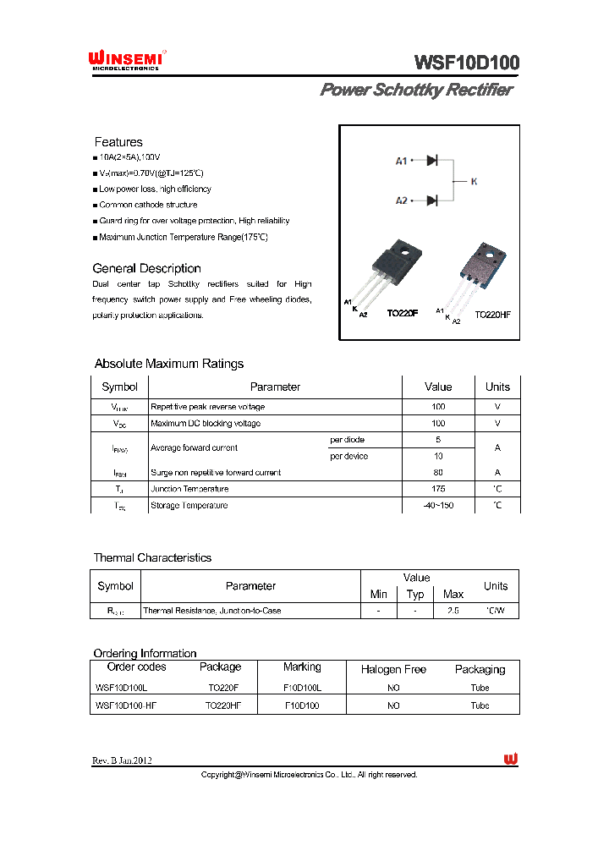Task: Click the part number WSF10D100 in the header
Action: [x=466, y=63]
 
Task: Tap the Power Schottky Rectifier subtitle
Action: [x=415, y=90]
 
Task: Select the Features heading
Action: [x=118, y=142]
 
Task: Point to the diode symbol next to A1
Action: [x=431, y=160]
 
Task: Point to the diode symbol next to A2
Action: [x=431, y=200]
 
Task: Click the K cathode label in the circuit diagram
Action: [x=474, y=181]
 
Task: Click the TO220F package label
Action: [x=403, y=313]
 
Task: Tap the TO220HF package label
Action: [x=492, y=314]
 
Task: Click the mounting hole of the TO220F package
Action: [x=406, y=250]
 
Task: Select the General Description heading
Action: [x=146, y=268]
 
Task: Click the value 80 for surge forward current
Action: [x=438, y=473]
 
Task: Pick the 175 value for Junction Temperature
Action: [x=438, y=489]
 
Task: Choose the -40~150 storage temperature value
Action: [x=438, y=505]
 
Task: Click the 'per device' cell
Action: [x=348, y=456]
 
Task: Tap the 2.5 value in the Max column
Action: [x=453, y=610]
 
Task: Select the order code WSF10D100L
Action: [x=122, y=688]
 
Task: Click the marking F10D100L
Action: [x=302, y=688]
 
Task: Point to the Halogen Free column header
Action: [x=393, y=669]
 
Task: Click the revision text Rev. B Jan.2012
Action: [x=122, y=760]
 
